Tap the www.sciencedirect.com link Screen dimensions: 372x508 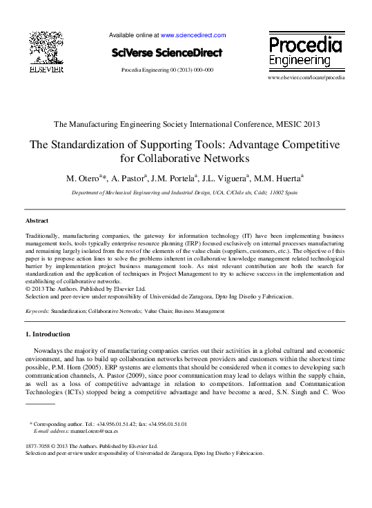[193, 34]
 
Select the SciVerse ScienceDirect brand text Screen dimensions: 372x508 [167, 53]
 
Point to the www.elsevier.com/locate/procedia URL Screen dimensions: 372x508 [305, 77]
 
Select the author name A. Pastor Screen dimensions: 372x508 [128, 178]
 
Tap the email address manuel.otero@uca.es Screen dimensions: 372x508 [96, 431]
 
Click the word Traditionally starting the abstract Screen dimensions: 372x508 [45, 236]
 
